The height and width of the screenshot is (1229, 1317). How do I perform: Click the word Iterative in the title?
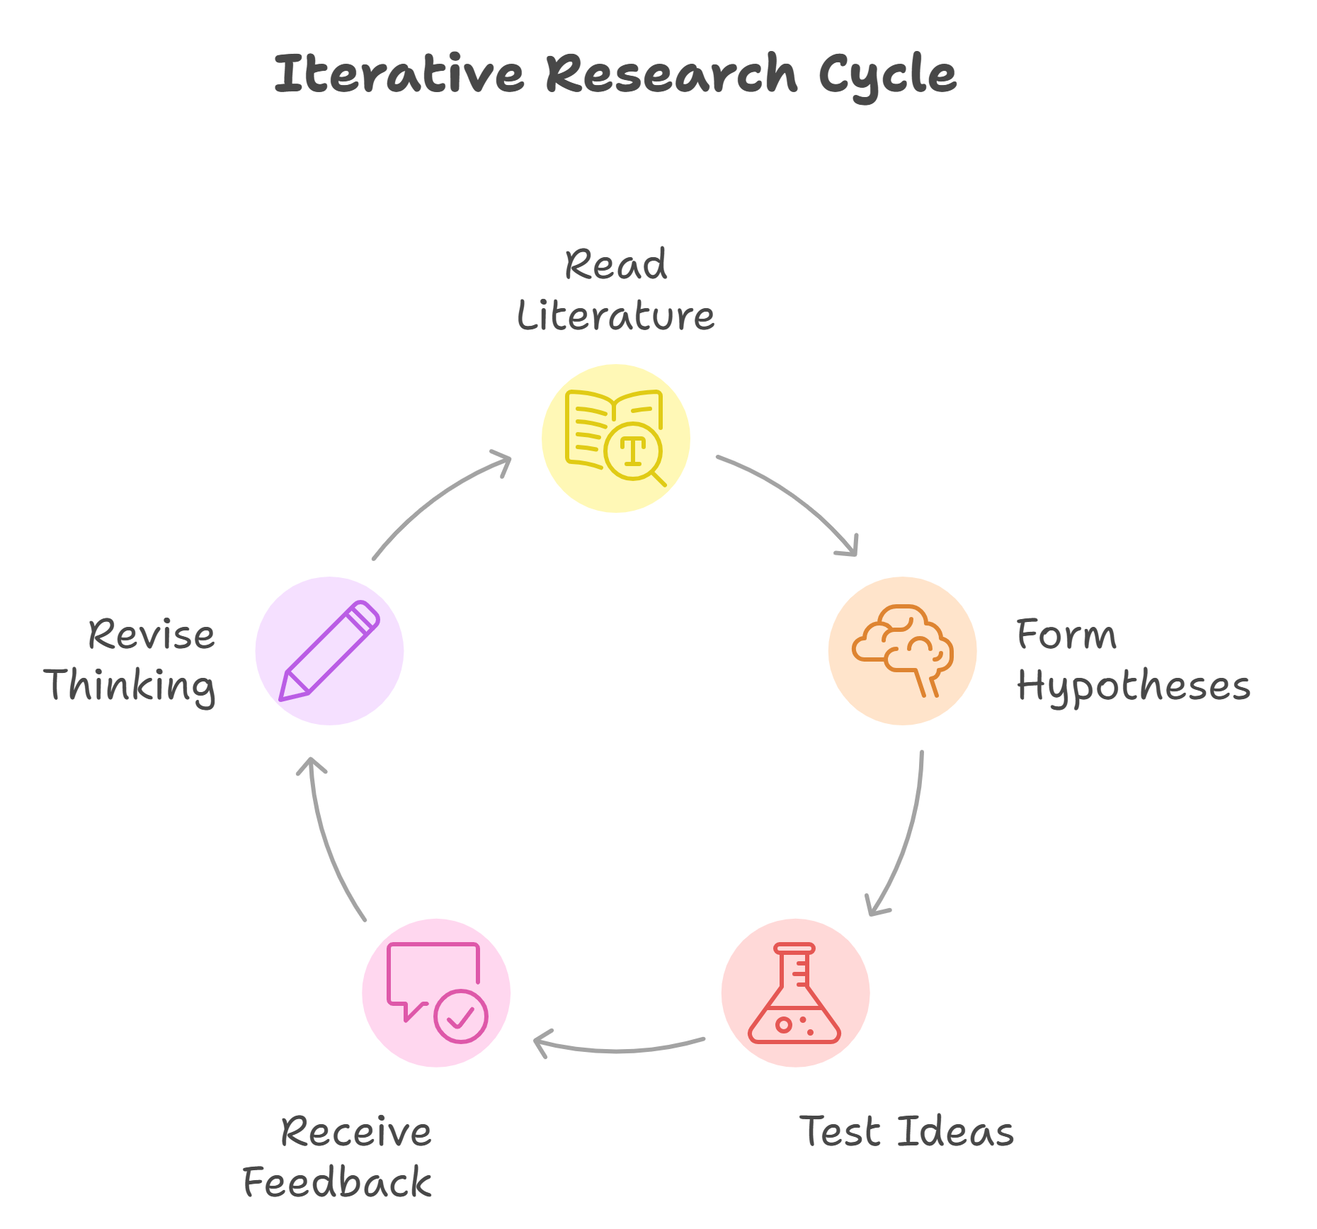399,74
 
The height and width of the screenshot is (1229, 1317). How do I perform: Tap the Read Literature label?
615,290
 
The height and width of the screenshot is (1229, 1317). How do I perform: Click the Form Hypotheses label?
1133,661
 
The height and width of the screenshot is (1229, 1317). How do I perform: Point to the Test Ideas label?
906,1131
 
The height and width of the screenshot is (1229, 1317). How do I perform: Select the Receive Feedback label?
338,1157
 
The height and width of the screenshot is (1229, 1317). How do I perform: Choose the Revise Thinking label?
131,661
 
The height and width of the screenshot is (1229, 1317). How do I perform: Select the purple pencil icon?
329,651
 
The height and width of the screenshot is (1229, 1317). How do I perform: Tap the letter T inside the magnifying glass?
632,451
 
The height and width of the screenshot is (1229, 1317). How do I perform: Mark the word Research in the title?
671,74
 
